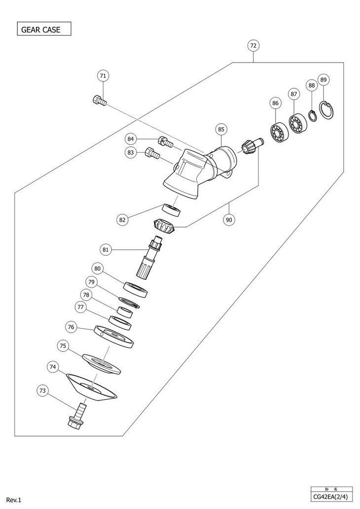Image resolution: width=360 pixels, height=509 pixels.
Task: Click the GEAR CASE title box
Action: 44,29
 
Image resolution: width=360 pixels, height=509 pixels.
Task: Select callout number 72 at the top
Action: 253,45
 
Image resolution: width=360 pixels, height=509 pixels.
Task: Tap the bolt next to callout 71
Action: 99,101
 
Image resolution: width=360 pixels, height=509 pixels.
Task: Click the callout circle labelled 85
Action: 221,129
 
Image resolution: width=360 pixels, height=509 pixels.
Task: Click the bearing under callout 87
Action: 296,124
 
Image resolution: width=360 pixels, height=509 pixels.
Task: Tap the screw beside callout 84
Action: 165,142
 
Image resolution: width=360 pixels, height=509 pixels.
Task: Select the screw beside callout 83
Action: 153,155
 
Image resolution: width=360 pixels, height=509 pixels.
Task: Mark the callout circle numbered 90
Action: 229,220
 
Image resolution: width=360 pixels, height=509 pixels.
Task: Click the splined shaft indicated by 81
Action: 148,258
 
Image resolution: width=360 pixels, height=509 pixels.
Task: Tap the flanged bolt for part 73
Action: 78,416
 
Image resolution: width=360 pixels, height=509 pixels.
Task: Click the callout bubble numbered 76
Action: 71,327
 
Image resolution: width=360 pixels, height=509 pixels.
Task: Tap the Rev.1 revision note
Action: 13,500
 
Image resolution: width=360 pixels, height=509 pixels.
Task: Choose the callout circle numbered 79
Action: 91,282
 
